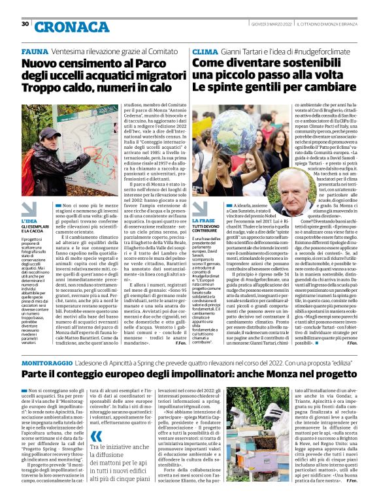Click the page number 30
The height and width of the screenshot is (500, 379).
[x=25, y=24]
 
